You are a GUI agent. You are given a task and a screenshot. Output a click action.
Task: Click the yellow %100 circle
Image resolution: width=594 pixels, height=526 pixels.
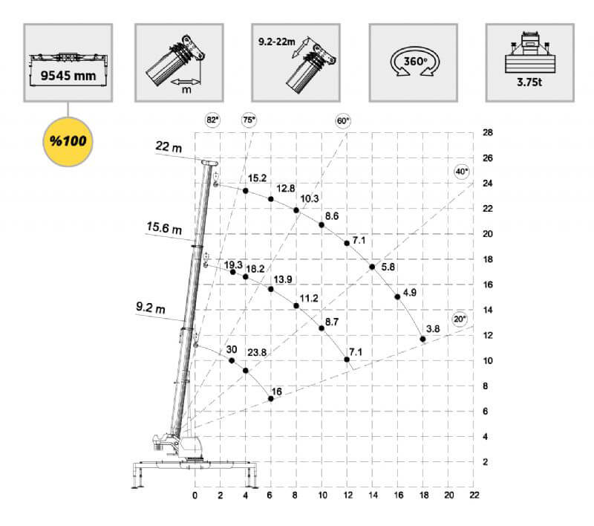click(68, 142)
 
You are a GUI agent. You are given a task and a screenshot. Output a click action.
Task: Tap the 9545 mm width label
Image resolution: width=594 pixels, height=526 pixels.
click(68, 76)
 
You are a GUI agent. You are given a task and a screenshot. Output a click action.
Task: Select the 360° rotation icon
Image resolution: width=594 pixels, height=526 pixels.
click(415, 62)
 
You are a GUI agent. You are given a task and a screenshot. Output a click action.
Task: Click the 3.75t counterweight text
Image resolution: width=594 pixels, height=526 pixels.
click(529, 82)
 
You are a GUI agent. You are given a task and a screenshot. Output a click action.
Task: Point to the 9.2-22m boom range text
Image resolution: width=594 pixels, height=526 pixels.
click(276, 42)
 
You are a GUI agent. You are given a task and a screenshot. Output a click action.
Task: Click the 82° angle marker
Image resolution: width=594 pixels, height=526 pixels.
click(212, 120)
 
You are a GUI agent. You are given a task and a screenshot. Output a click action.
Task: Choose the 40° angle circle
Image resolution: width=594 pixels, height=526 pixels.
click(461, 172)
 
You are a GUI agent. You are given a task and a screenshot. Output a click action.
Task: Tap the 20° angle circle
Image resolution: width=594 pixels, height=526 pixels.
click(460, 319)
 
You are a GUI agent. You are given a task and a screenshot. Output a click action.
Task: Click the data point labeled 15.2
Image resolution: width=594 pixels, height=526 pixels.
click(246, 191)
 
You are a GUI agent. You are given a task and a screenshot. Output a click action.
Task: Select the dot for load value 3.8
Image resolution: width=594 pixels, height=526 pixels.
click(422, 339)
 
